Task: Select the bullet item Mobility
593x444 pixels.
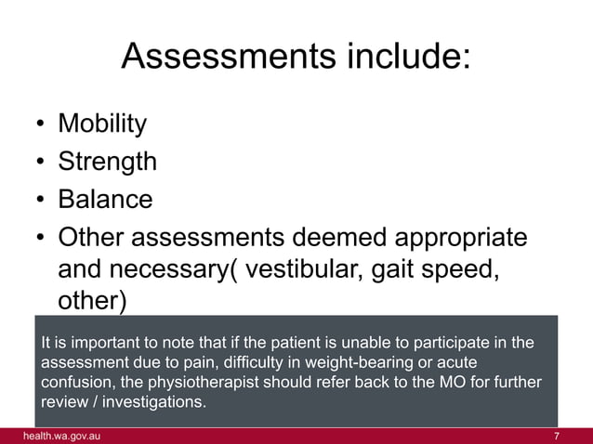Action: [x=102, y=124]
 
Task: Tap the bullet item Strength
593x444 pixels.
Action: [x=107, y=162]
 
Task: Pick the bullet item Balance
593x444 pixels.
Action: [x=104, y=200]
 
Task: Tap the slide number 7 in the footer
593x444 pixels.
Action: [x=556, y=436]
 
